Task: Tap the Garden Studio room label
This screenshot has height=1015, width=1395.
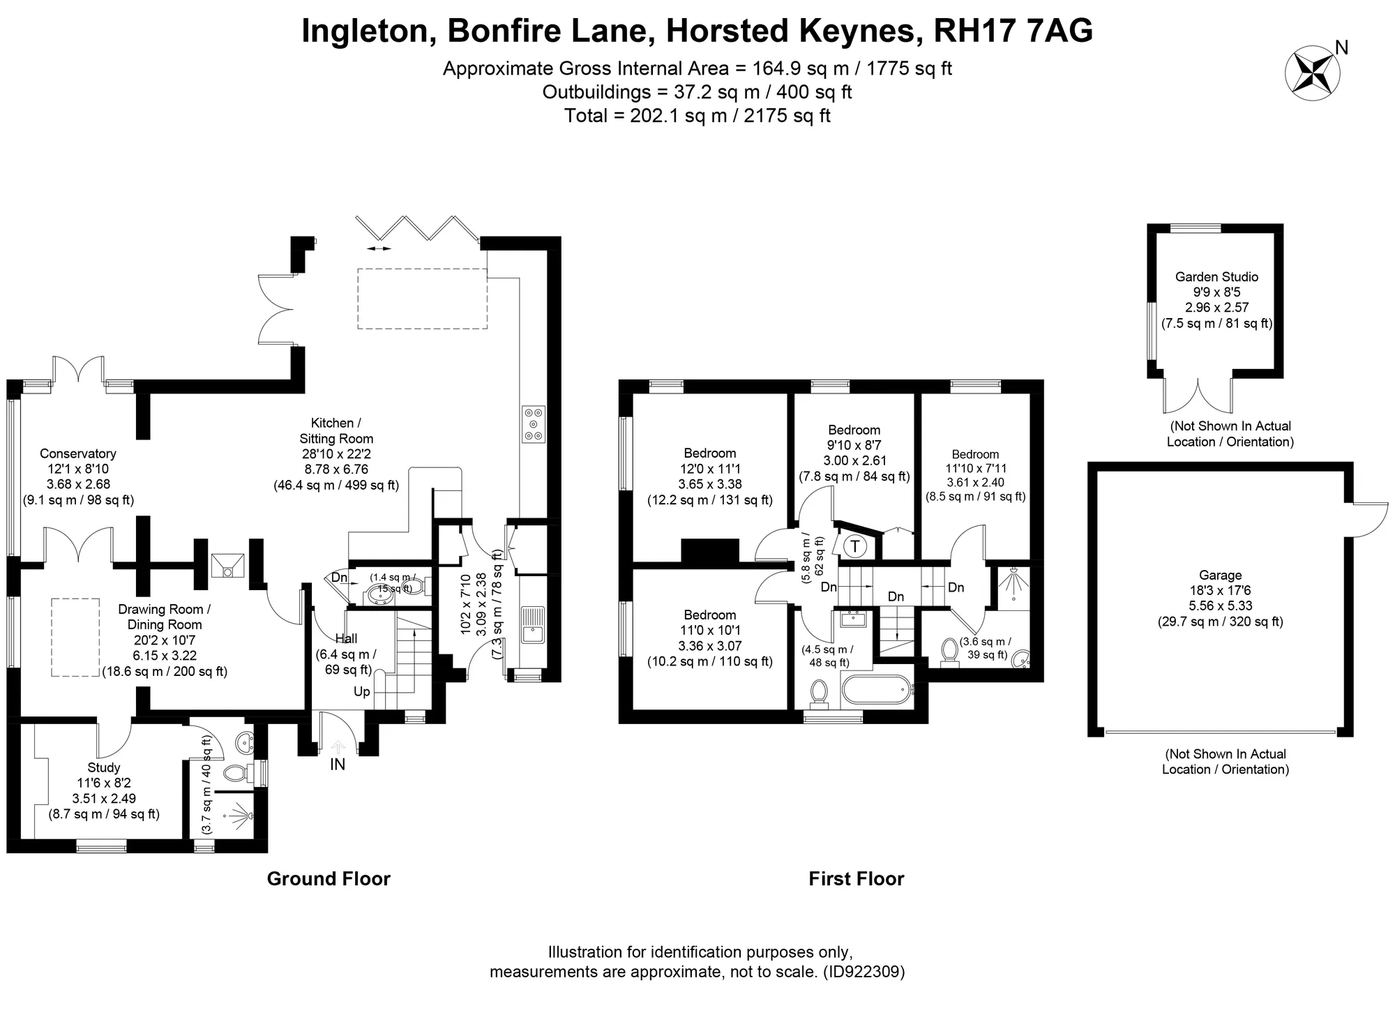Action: pyautogui.click(x=1216, y=276)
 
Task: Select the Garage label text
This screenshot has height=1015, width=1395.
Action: pyautogui.click(x=1221, y=575)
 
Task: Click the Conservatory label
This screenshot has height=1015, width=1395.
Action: pyautogui.click(x=78, y=453)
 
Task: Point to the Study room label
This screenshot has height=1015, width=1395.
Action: pyautogui.click(x=104, y=767)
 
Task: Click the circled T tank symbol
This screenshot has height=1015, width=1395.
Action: pyautogui.click(x=855, y=546)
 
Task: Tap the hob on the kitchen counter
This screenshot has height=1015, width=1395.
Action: pyautogui.click(x=534, y=424)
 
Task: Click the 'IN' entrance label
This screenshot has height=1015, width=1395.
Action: pyautogui.click(x=338, y=765)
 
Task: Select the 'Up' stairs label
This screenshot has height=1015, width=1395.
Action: pyautogui.click(x=362, y=692)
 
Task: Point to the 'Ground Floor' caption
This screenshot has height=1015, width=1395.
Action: pyautogui.click(x=329, y=879)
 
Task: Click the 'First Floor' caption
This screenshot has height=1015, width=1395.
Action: pyautogui.click(x=857, y=879)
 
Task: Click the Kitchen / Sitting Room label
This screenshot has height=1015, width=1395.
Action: pyautogui.click(x=336, y=430)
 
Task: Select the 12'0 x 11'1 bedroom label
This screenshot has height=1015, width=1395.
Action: pyautogui.click(x=710, y=469)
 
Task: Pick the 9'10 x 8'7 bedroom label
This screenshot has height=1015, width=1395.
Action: pyautogui.click(x=854, y=445)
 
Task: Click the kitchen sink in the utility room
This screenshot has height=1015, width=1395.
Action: pyautogui.click(x=534, y=624)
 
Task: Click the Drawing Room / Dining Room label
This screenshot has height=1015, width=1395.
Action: pyautogui.click(x=165, y=617)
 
